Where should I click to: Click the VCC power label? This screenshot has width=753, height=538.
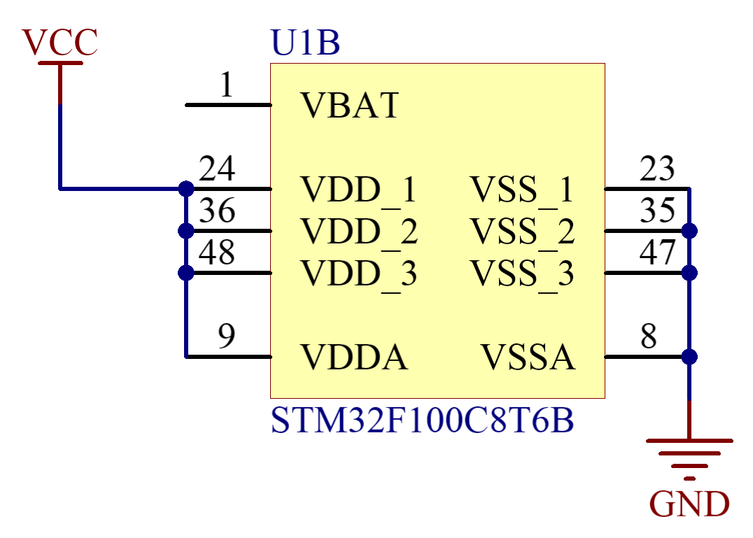pos(60,43)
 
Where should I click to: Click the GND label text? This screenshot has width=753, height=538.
pos(689,504)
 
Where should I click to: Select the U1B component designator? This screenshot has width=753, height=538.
pos(305,43)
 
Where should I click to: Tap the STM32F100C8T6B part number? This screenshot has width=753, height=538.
pos(422,421)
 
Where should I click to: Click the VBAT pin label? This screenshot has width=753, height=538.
pos(349,106)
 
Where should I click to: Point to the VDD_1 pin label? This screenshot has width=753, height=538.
pos(358,190)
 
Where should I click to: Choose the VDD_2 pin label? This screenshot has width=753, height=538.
pos(359,232)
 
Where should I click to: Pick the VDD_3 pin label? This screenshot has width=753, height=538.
pos(359,274)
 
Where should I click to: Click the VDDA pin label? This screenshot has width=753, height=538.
pos(354,357)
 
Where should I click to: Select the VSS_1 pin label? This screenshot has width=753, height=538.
pos(522,190)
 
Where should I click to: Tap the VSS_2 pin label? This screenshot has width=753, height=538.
pos(522,232)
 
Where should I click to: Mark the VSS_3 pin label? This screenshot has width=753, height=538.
pos(522,274)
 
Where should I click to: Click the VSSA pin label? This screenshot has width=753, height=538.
pos(528,357)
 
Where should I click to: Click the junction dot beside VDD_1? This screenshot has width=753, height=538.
pos(186,189)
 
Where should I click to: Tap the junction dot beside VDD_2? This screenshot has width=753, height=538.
pos(186,231)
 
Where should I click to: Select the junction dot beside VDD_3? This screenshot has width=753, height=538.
pos(186,273)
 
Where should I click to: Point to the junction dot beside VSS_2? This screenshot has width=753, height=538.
pos(689,231)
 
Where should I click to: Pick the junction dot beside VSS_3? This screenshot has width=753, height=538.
pos(689,273)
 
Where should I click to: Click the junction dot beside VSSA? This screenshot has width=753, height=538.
pos(689,357)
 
